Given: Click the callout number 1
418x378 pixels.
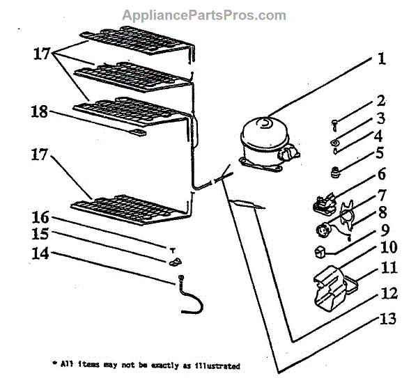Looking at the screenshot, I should (x=381, y=59).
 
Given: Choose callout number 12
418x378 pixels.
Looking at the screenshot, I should (x=385, y=293).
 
